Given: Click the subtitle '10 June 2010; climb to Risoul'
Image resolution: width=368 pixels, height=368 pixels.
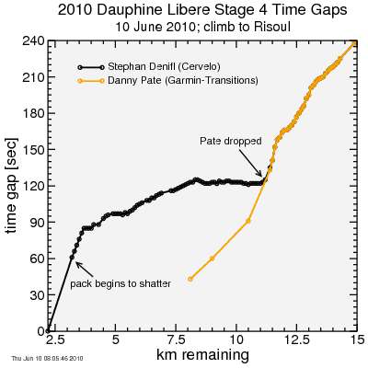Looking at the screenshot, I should click(201, 27).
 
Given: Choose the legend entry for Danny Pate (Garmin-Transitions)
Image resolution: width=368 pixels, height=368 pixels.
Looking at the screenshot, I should click(185, 81).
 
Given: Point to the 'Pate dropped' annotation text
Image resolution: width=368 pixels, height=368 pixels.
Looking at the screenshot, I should click(231, 142).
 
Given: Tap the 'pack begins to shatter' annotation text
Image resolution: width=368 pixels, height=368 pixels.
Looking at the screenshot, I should click(121, 283).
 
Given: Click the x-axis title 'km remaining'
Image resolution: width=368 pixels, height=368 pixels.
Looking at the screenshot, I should click(201, 354).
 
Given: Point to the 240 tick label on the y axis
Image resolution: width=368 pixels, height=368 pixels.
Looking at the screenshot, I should click(34, 41).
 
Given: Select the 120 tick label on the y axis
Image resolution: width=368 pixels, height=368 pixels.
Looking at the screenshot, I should click(34, 186).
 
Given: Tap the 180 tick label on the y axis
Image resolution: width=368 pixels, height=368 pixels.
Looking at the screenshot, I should click(34, 114).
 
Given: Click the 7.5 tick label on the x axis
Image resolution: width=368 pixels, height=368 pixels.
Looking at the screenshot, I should click(176, 339).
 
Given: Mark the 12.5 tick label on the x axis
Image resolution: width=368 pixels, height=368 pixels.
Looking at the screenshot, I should click(296, 339).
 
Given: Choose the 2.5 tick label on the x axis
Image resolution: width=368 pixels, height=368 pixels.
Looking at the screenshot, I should click(54, 339).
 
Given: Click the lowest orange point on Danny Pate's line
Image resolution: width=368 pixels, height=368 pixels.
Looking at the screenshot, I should click(190, 279).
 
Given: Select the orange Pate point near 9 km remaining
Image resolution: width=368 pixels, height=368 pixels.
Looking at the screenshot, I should click(213, 259).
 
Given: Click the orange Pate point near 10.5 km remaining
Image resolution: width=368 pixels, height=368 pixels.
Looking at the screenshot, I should click(248, 221).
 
